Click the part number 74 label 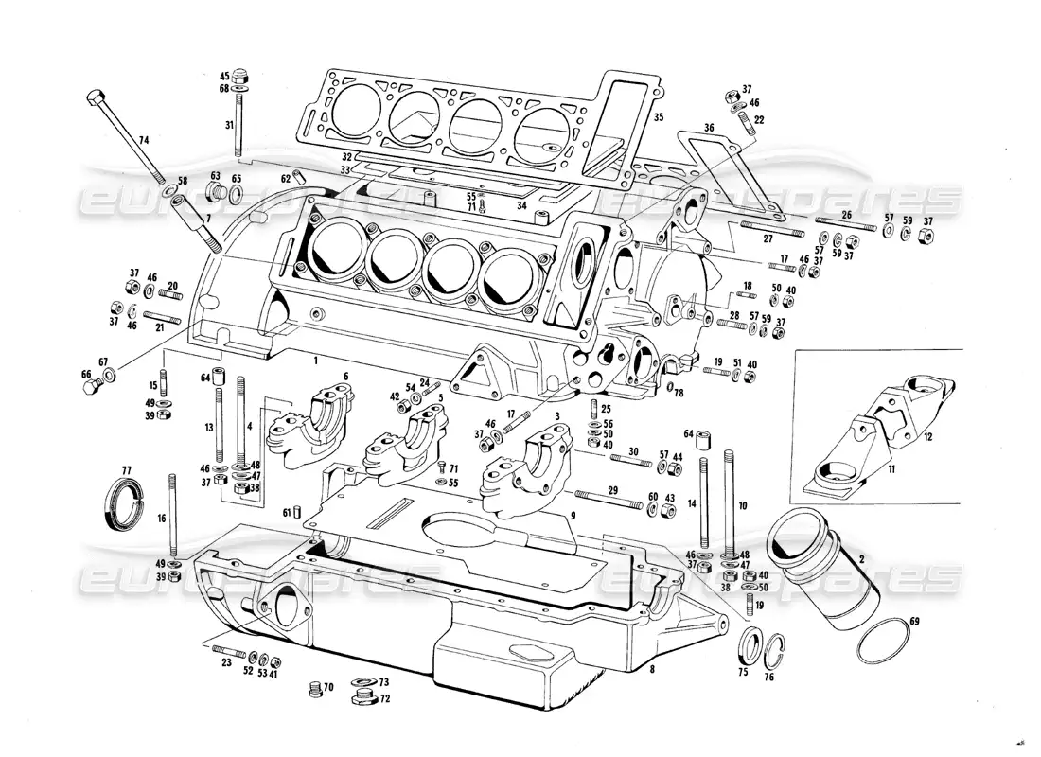(142, 140)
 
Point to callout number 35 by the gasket (659, 117)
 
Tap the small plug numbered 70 (316, 689)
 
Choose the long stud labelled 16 (172, 516)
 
